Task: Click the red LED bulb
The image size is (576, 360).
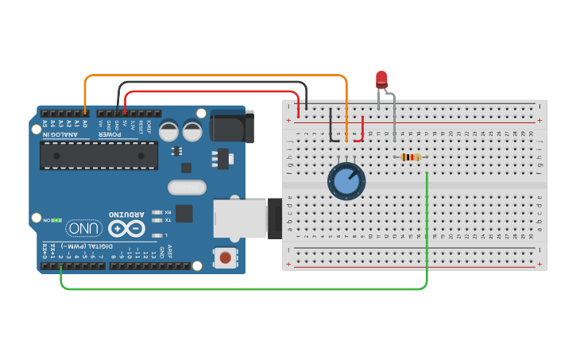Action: click(x=381, y=79)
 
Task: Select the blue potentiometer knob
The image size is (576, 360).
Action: click(x=346, y=180)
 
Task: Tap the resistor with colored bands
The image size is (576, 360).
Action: click(x=410, y=157)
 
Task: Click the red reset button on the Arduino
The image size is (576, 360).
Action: click(x=226, y=257)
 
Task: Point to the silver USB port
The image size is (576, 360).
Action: click(x=241, y=217)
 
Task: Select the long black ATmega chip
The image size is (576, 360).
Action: click(x=99, y=155)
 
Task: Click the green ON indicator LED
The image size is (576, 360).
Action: click(x=58, y=219)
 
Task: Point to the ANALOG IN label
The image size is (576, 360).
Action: click(x=60, y=134)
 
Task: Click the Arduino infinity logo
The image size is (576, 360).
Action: click(x=127, y=229)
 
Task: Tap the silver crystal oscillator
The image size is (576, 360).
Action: click(x=187, y=188)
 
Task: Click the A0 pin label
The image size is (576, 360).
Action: click(x=85, y=124)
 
